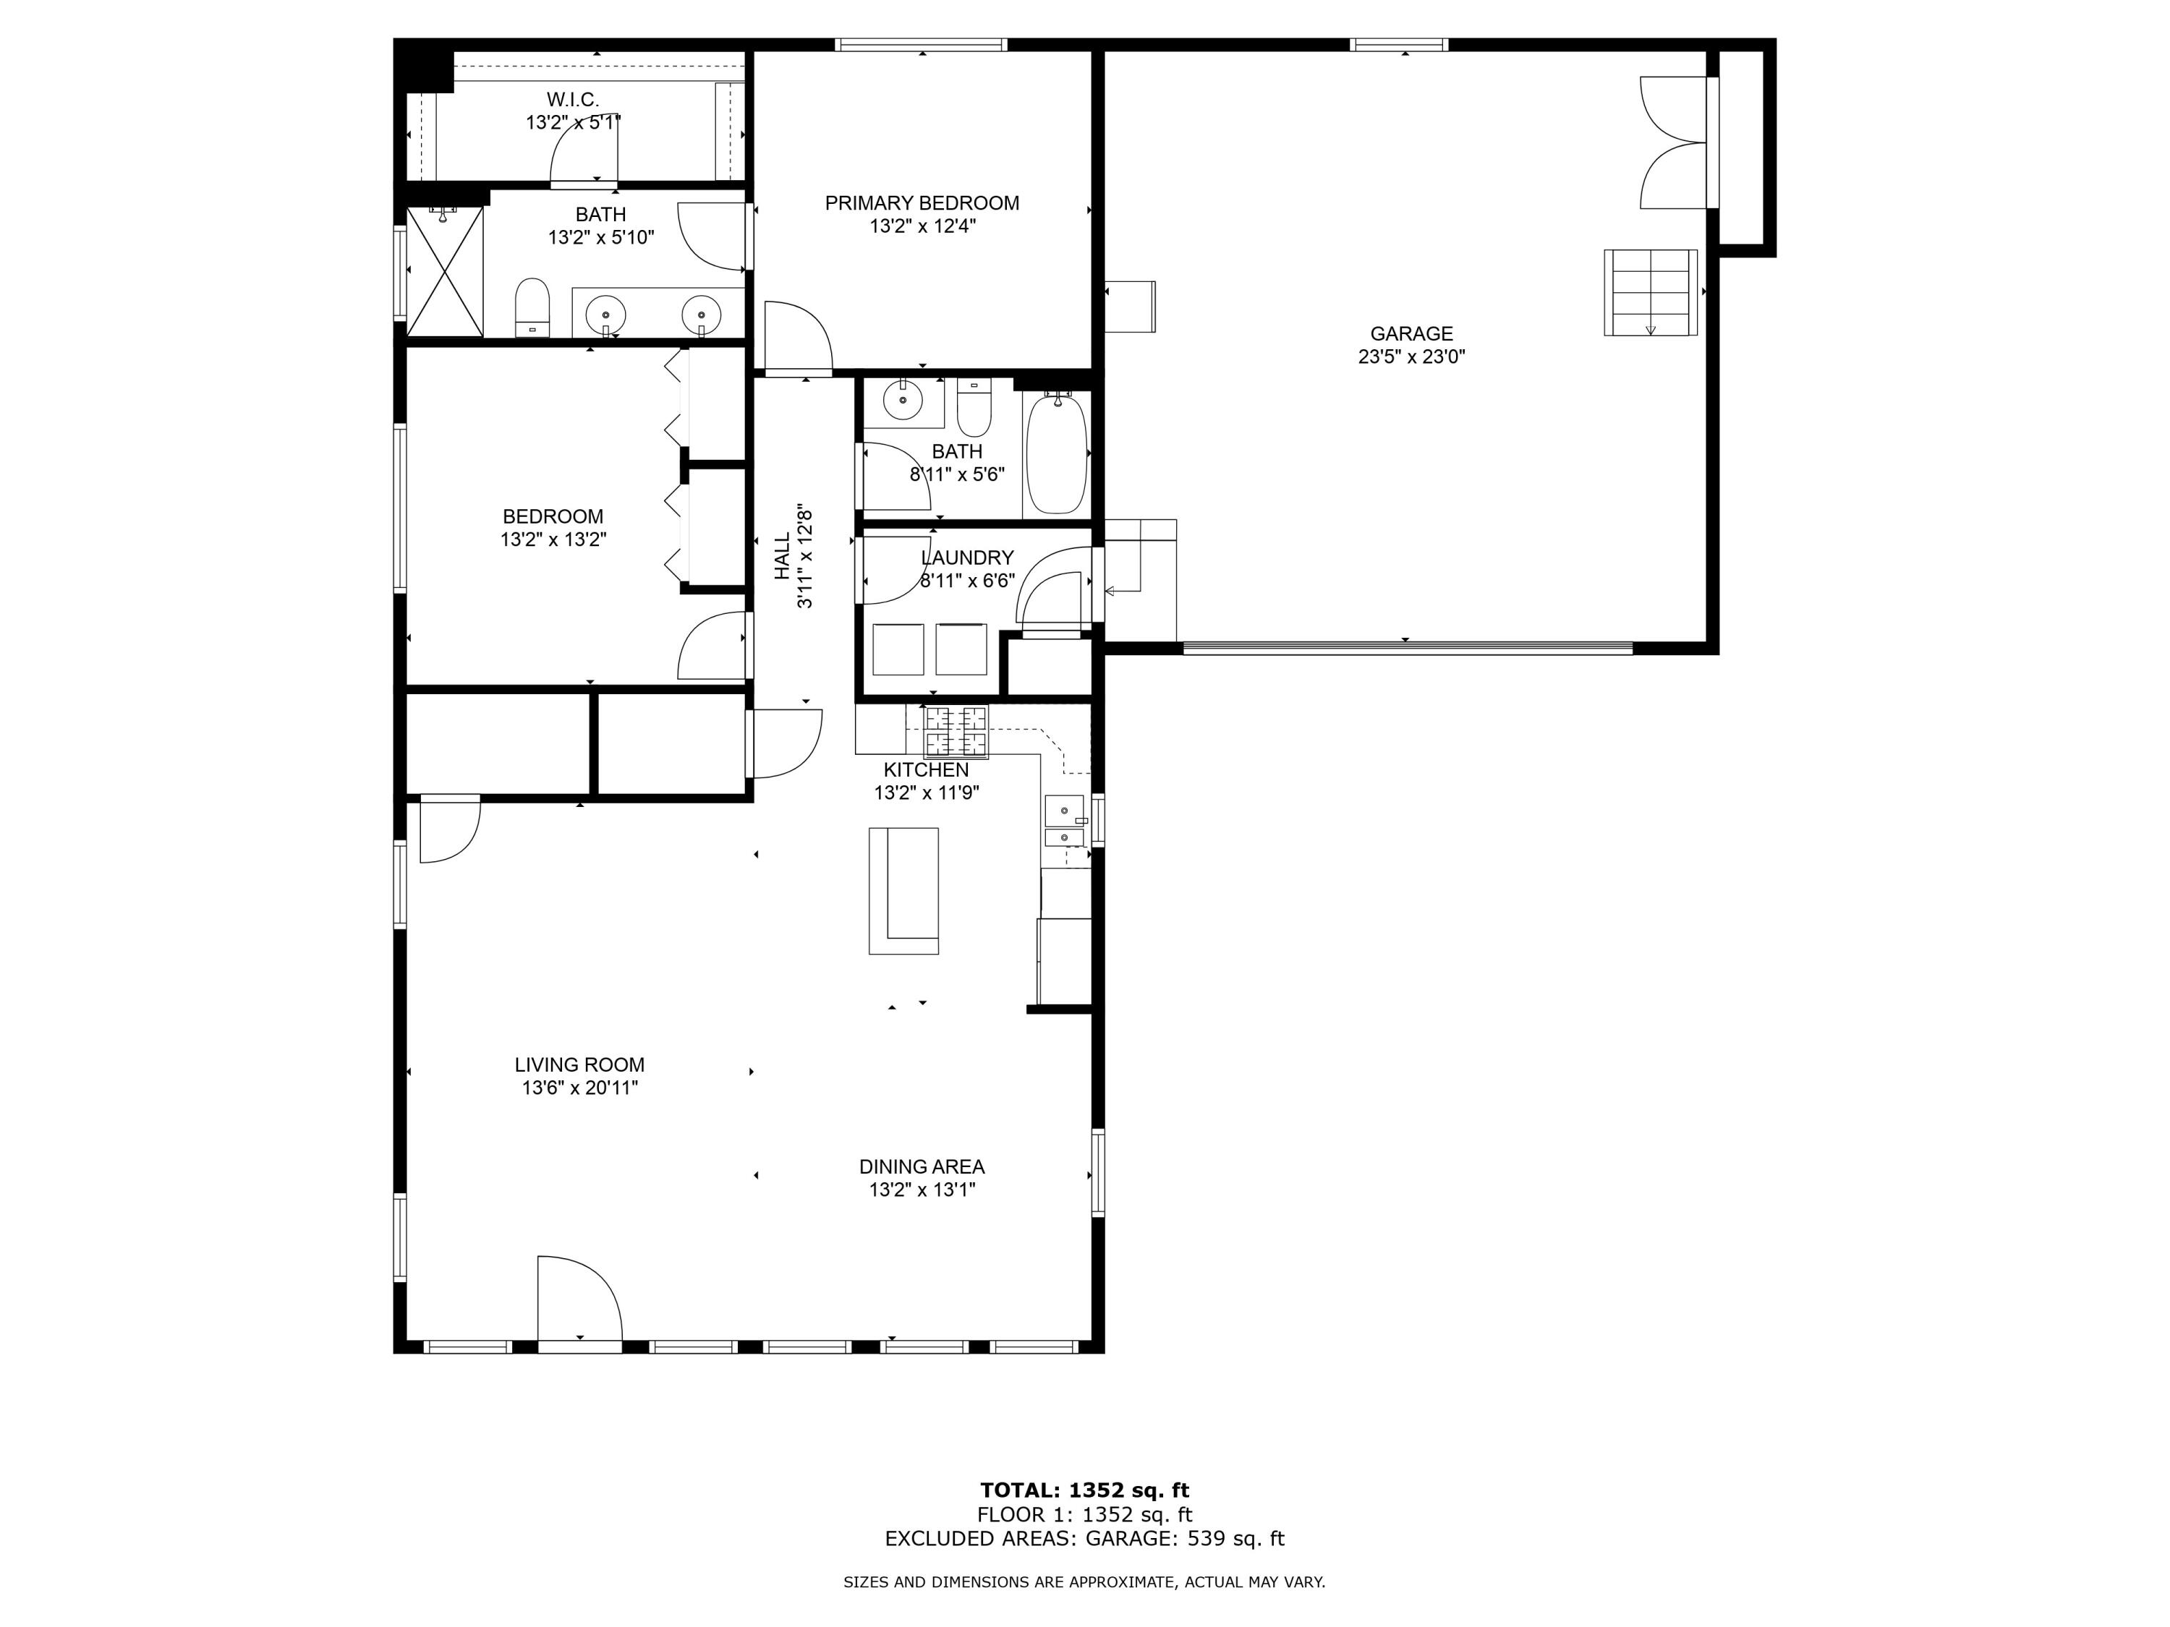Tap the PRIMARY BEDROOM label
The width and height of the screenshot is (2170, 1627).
click(x=922, y=203)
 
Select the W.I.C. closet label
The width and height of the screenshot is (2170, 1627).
click(x=573, y=99)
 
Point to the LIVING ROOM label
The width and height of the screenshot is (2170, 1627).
click(x=580, y=1064)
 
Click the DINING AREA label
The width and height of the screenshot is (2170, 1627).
click(x=922, y=1166)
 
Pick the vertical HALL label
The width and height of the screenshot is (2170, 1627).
click(x=782, y=556)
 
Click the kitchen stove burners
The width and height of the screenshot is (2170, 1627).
click(x=956, y=732)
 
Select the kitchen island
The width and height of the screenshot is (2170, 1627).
click(x=903, y=890)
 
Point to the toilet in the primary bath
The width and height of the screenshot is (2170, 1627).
click(x=532, y=307)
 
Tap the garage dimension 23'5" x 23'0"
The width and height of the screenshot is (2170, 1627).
click(x=1412, y=357)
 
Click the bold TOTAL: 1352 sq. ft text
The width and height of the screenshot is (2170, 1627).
click(x=1084, y=1490)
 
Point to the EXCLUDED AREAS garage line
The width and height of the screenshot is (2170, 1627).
click(x=1084, y=1539)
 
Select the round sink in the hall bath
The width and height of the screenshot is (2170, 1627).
click(x=903, y=400)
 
